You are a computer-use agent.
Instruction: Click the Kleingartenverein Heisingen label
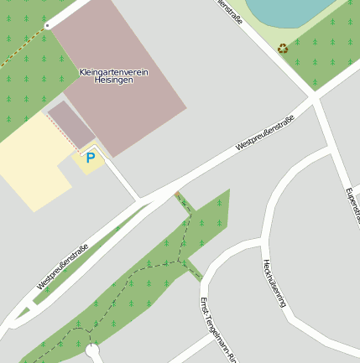113,75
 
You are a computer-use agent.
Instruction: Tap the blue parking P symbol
90,158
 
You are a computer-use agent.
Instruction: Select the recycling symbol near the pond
283,49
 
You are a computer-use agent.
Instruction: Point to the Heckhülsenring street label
274,283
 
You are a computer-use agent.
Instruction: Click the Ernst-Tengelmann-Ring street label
217,329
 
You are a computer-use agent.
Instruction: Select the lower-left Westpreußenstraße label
62,267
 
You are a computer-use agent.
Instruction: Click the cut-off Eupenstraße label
352,205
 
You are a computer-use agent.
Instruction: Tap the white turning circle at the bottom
92,351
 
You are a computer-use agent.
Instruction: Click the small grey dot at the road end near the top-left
47,26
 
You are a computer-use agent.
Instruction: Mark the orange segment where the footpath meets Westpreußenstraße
179,197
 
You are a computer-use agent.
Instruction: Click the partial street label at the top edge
232,12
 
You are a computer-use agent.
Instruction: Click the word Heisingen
113,80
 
